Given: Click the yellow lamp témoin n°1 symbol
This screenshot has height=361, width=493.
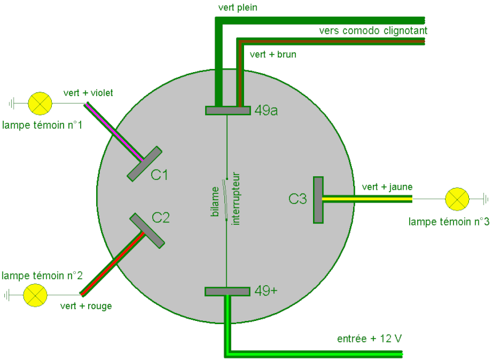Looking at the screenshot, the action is pyautogui.click(x=40, y=103).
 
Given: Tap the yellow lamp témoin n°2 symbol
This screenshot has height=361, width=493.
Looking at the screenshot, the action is pyautogui.click(x=35, y=295).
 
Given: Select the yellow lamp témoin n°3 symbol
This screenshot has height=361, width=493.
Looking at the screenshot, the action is pyautogui.click(x=457, y=199).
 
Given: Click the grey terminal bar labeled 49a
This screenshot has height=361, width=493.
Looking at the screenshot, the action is pyautogui.click(x=228, y=111).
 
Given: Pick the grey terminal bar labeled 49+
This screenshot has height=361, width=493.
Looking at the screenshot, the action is pyautogui.click(x=227, y=291).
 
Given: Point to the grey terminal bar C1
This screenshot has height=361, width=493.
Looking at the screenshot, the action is pyautogui.click(x=145, y=164).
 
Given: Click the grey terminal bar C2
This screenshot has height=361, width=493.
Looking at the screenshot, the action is pyautogui.click(x=147, y=230).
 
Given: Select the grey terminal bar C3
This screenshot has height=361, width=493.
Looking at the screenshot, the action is pyautogui.click(x=318, y=200).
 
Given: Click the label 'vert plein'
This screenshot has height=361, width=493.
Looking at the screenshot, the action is pyautogui.click(x=238, y=7).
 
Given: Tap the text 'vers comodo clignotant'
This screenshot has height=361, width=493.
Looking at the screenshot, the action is pyautogui.click(x=373, y=31).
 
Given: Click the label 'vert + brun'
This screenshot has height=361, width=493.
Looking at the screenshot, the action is pyautogui.click(x=273, y=54).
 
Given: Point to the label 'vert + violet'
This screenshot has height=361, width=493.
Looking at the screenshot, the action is pyautogui.click(x=88, y=93).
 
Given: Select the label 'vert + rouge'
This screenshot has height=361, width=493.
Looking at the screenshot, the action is pyautogui.click(x=86, y=306).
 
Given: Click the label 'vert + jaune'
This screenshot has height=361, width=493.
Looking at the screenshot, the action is pyautogui.click(x=387, y=187).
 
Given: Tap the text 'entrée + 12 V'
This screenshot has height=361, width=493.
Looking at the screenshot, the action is pyautogui.click(x=369, y=339).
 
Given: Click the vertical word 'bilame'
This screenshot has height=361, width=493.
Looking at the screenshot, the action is pyautogui.click(x=214, y=201).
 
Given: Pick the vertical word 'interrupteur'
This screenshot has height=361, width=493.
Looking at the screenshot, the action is pyautogui.click(x=235, y=198).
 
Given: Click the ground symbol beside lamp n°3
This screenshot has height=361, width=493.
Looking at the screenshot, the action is pyautogui.click(x=486, y=199).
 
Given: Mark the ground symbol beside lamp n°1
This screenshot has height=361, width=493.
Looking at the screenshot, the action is pyautogui.click(x=12, y=103).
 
